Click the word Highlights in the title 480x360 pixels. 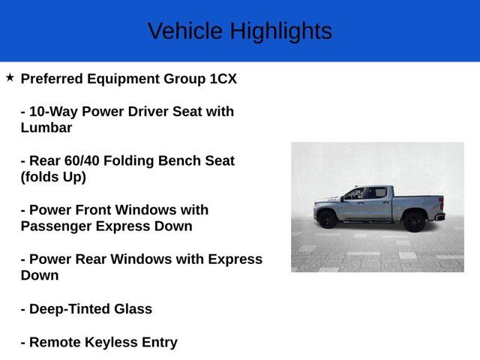tap(280, 31)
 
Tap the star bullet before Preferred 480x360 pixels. tap(10, 77)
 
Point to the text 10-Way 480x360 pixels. tap(52, 112)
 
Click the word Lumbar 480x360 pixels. tap(46, 127)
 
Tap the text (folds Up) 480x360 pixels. tap(53, 177)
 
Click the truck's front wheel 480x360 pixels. tap(327, 219)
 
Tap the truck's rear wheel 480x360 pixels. tap(414, 220)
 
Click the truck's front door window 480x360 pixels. tap(355, 193)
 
